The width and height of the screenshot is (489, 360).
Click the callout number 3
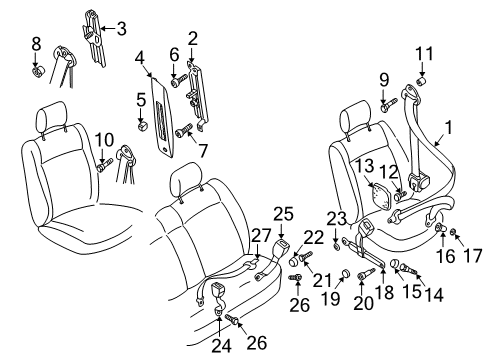pyautogui.click(x=122, y=28)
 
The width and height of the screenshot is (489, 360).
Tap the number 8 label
pyautogui.click(x=36, y=44)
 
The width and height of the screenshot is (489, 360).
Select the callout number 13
pyautogui.click(x=364, y=166)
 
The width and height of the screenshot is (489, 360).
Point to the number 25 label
pyautogui.click(x=283, y=214)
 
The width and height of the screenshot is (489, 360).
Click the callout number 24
pyautogui.click(x=221, y=345)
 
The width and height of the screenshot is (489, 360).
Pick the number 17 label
pyautogui.click(x=473, y=256)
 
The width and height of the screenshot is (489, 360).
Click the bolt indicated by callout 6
pyautogui.click(x=179, y=80)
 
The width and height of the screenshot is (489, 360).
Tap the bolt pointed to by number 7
pyautogui.click(x=184, y=130)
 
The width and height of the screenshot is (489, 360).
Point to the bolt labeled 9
pyautogui.click(x=389, y=104)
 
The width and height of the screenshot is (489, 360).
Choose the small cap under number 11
pyautogui.click(x=422, y=81)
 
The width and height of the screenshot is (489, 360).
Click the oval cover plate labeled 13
pyautogui.click(x=382, y=195)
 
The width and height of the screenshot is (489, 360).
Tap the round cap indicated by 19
pyautogui.click(x=345, y=274)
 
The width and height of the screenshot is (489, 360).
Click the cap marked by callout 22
pyautogui.click(x=294, y=261)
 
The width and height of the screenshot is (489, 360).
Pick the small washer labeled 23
pyautogui.click(x=336, y=246)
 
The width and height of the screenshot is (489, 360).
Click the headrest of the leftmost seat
pyautogui.click(x=51, y=117)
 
